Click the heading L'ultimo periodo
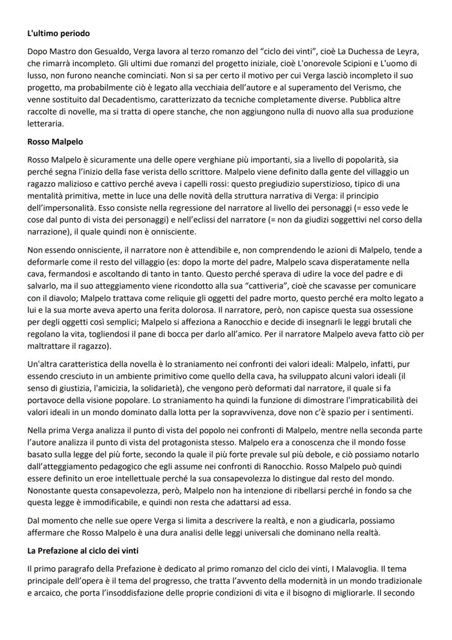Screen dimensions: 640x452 click(58, 34)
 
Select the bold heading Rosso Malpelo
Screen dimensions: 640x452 click(55, 142)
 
